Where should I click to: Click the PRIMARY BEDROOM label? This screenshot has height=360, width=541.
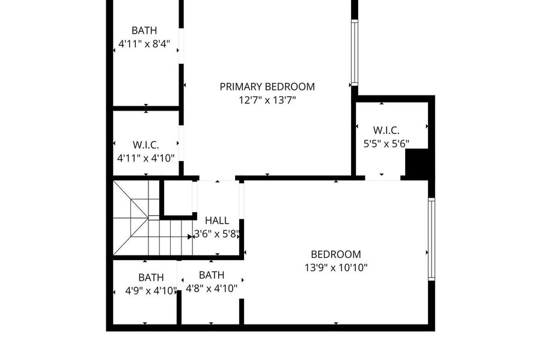267,87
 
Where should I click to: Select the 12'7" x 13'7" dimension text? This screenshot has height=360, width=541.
267,100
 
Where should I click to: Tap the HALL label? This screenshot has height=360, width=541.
216,221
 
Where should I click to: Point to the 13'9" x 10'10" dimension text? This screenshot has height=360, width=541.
335,267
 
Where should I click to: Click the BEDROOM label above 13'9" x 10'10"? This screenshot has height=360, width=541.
335,254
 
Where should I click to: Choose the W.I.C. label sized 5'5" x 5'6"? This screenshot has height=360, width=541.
386,130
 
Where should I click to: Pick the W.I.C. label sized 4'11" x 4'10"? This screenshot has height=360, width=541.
145,144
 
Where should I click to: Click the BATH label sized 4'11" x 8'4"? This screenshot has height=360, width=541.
144,30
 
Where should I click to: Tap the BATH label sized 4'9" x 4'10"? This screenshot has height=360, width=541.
151,278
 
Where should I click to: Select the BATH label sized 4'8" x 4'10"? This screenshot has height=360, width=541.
212,275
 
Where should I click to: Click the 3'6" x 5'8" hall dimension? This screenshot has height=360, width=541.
216,234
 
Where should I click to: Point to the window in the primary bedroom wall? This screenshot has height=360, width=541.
354,53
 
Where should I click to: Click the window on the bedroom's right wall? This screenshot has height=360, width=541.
431,239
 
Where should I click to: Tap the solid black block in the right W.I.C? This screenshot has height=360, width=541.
417,164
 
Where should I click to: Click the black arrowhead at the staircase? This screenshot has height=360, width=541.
190,237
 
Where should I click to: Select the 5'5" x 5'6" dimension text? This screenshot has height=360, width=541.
386,144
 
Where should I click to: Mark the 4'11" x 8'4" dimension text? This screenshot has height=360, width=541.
144,44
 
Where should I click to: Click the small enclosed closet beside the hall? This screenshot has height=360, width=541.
178,198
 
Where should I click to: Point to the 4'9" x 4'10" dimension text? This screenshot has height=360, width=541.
151,291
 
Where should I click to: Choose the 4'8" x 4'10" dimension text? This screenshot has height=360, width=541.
212,288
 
